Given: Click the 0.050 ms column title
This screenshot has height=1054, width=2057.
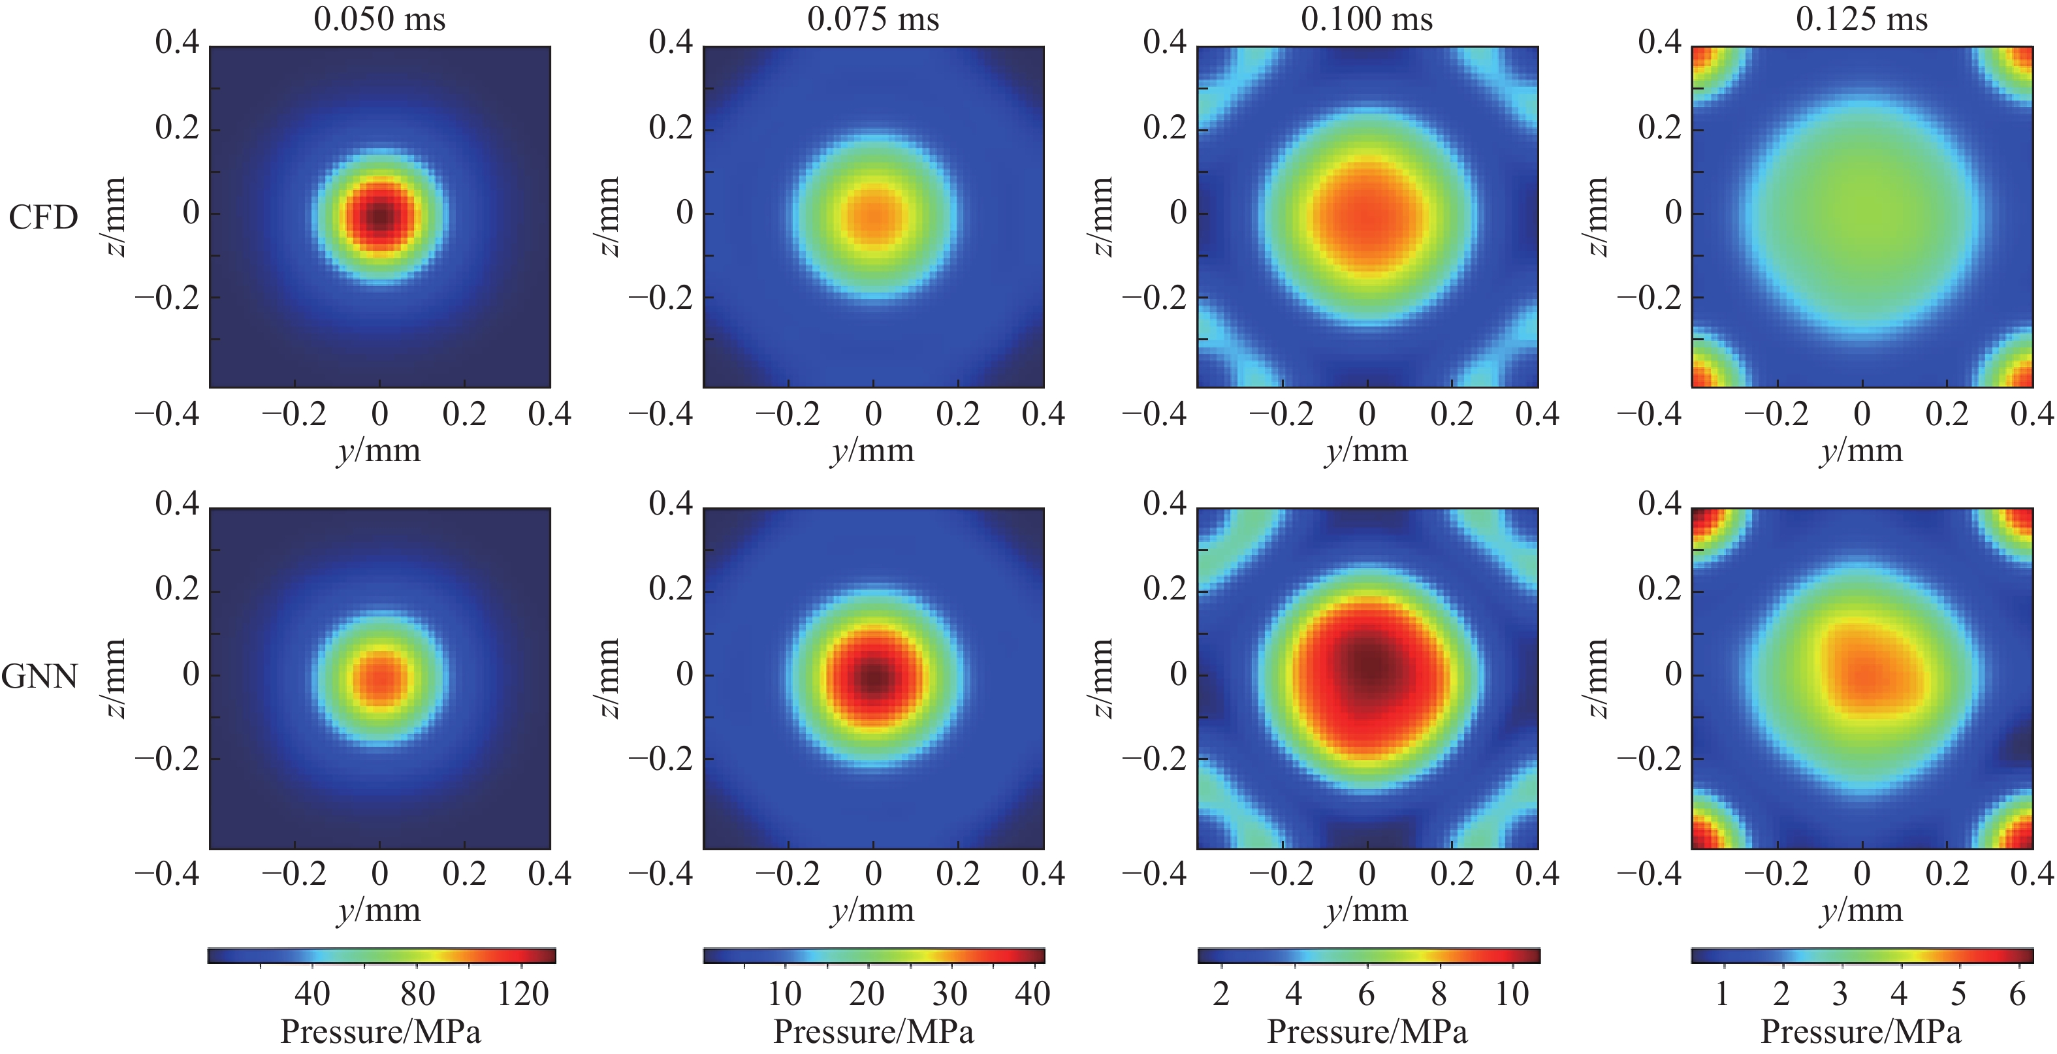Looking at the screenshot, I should pos(379,19).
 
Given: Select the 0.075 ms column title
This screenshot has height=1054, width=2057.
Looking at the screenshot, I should pos(873,19).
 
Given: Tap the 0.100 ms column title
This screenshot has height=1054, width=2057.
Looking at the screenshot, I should pos(1366,19).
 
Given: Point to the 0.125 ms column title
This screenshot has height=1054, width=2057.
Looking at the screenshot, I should pos(1861,19).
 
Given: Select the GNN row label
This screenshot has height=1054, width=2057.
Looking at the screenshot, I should pos(40,677).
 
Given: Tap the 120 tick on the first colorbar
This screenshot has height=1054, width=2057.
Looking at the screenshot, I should pos(523,994).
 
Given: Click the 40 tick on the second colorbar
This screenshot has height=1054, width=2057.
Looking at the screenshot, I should pos(1032,994).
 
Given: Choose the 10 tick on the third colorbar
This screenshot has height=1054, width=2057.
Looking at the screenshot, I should pos(1512,994).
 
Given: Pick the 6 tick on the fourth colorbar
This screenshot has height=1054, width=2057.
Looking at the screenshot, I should pos(2017,994).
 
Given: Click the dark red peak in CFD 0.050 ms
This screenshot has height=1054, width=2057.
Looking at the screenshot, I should pos(380,215).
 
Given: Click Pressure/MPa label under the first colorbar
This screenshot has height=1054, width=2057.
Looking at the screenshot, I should pos(380,1032).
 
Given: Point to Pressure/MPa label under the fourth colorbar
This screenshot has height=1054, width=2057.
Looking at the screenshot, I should pos(1860,1032).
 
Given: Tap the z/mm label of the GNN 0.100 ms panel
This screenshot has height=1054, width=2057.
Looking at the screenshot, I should pos(1102,678).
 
